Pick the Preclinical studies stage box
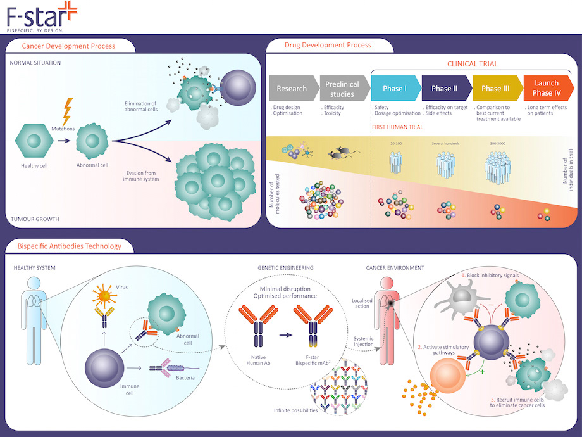pyautogui.click(x=341, y=89)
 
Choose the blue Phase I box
pyautogui.click(x=395, y=89)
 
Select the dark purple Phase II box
pyautogui.click(x=446, y=89)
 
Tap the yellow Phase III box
pyautogui.click(x=496, y=89)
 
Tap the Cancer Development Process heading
pyautogui.click(x=68, y=46)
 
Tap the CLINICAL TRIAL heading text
pyautogui.click(x=472, y=64)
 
